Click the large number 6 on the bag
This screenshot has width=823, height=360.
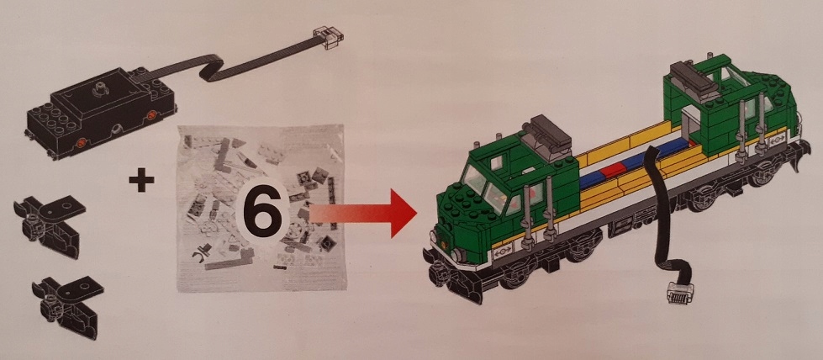(x=262, y=212)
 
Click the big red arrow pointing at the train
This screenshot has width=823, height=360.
(x=363, y=213)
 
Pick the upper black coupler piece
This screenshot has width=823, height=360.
(x=50, y=225)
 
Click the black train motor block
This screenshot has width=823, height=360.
(x=100, y=113)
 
